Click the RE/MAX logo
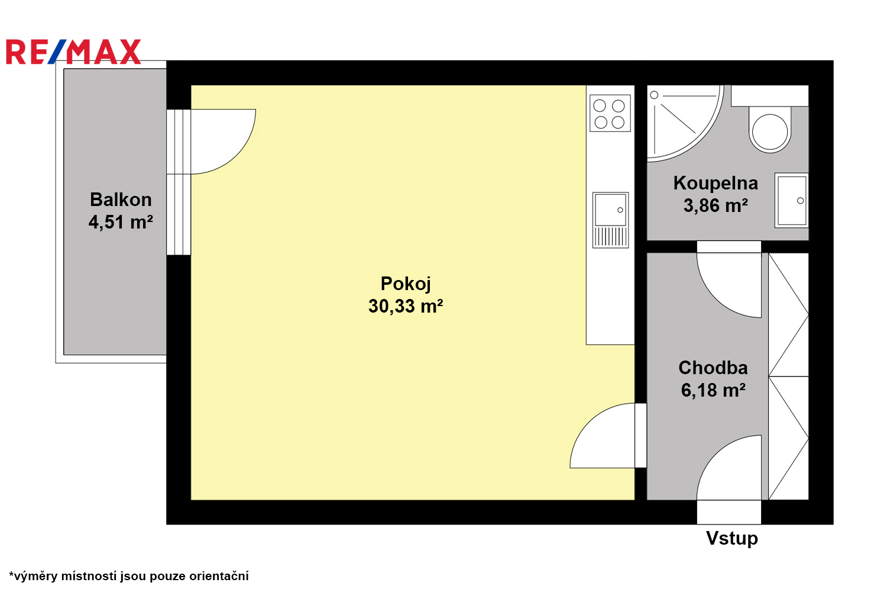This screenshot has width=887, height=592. (73, 52)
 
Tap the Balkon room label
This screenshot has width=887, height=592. (121, 200)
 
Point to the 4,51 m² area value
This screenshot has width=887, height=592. (121, 222)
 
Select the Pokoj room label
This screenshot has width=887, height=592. (406, 284)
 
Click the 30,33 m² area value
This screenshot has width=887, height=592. (406, 306)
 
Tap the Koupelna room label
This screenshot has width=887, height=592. (716, 184)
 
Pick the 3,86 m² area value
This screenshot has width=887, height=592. (716, 206)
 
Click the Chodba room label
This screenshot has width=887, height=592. (713, 368)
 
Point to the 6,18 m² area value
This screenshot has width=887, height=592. (713, 390)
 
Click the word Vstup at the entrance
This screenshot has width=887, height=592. (732, 539)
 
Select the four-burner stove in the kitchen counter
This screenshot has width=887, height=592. (610, 113)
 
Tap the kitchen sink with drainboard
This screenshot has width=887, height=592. (610, 220)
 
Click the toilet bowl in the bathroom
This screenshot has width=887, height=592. (770, 130)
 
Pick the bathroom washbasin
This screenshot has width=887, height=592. (791, 200)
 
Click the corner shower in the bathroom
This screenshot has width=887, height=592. (685, 123)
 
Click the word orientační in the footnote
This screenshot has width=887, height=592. (219, 576)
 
